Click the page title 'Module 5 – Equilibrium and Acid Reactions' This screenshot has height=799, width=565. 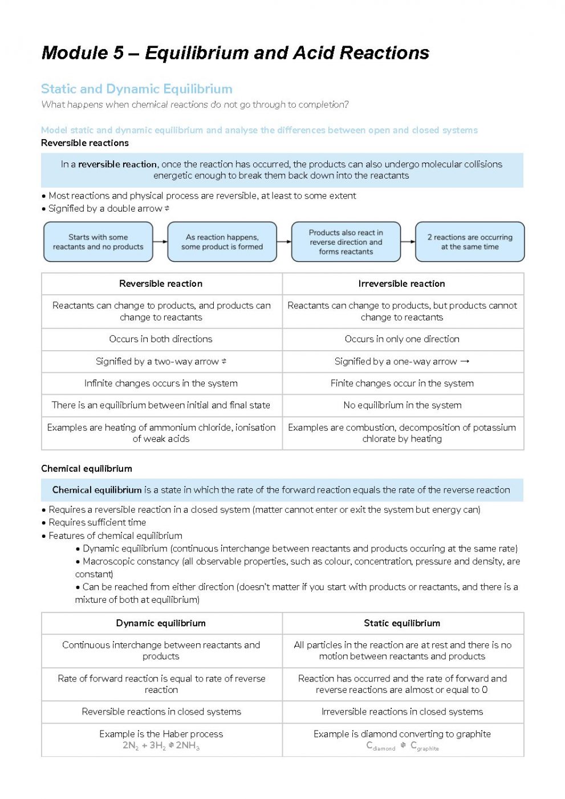(x=235, y=53)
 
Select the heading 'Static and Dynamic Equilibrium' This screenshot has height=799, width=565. (x=137, y=89)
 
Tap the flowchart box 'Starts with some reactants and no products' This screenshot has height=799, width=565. (x=98, y=242)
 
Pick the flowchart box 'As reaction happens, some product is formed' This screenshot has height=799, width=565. (x=222, y=242)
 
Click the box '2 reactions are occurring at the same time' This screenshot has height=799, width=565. (x=469, y=242)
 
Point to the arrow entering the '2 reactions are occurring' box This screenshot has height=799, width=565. (x=408, y=242)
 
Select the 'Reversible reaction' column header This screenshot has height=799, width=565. (x=161, y=283)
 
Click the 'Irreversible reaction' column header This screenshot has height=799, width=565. (x=401, y=283)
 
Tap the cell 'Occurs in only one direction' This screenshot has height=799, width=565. (x=401, y=339)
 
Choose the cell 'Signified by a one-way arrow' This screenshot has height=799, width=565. (x=401, y=361)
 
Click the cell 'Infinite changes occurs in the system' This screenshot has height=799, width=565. (x=161, y=383)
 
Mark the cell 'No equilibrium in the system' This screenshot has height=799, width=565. (x=401, y=405)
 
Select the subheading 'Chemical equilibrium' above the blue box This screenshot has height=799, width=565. (x=87, y=468)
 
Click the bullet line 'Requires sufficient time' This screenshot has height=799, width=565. (x=97, y=522)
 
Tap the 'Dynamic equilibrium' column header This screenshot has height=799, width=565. (x=161, y=623)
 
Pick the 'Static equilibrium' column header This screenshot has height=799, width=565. (x=401, y=623)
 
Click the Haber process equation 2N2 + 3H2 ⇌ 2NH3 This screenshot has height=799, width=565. (x=161, y=745)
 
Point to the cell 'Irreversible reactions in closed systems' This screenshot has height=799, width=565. (x=401, y=711)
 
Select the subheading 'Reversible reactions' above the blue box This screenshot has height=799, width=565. (x=85, y=143)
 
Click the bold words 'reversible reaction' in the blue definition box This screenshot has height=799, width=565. (x=117, y=164)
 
